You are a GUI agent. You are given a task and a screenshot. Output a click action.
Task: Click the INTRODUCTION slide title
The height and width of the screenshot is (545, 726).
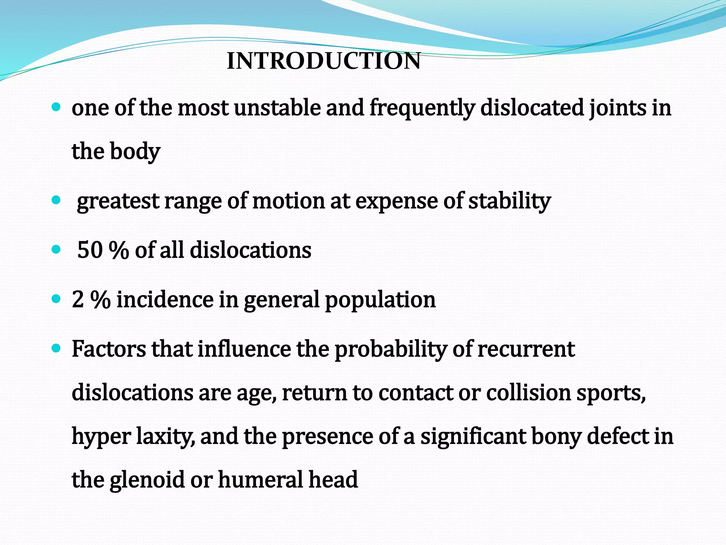coord(324,61)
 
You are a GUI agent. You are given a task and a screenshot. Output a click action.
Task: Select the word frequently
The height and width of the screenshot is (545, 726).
coord(422,108)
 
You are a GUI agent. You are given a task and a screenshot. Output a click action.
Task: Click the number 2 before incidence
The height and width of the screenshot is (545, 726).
coord(78,299)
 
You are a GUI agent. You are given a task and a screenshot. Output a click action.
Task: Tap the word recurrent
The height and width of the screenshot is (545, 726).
coord(526,349)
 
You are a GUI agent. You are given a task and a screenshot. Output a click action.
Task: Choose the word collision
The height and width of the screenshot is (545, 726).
coord(528,393)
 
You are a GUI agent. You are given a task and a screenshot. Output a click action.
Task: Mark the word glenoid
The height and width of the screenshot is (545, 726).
coord(147,480)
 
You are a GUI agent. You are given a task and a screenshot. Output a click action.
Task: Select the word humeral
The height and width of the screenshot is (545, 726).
coord(260,479)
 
